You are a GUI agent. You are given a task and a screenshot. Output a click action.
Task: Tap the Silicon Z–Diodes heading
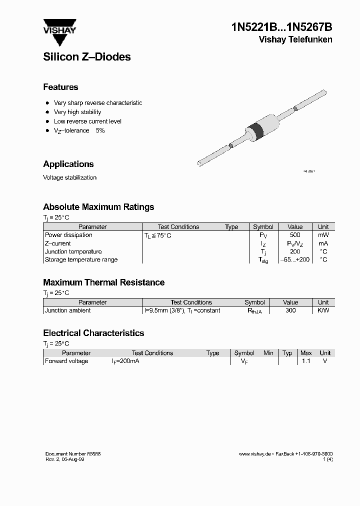pyautogui.click(x=87, y=57)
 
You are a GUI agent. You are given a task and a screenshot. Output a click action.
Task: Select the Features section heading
pyautogui.click(x=60, y=87)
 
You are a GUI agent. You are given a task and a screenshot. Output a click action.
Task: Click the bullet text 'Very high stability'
pyautogui.click(x=77, y=112)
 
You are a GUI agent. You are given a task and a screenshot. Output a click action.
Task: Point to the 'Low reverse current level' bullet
pyautogui.click(x=87, y=121)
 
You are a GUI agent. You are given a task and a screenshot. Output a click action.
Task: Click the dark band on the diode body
pyautogui.click(x=257, y=130)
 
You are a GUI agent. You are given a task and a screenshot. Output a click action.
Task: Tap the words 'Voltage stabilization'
pyautogui.click(x=69, y=177)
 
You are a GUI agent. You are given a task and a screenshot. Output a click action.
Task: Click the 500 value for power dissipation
pyautogui.click(x=295, y=235)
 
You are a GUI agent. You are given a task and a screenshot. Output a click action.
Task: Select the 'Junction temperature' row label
pyautogui.click(x=73, y=251)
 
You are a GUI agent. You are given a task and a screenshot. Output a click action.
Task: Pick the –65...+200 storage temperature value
pyautogui.click(x=295, y=260)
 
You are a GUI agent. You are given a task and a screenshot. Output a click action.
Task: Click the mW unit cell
pyautogui.click(x=323, y=235)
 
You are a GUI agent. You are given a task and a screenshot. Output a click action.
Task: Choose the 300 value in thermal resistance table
pyautogui.click(x=290, y=310)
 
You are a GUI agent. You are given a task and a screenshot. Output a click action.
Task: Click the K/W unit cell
pyautogui.click(x=323, y=310)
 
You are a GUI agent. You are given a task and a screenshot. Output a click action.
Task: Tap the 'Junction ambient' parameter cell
pyautogui.click(x=68, y=310)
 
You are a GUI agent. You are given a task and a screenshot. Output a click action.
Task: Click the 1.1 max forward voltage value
pyautogui.click(x=306, y=361)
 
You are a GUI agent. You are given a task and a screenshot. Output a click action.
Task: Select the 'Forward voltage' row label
pyautogui.click(x=66, y=361)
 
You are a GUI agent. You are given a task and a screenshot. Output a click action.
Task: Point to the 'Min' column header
pyautogui.click(x=268, y=353)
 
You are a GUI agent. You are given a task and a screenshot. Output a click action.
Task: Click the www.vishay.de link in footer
pyautogui.click(x=254, y=453)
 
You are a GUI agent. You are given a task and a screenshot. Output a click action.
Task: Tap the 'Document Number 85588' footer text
pyautogui.click(x=73, y=453)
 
